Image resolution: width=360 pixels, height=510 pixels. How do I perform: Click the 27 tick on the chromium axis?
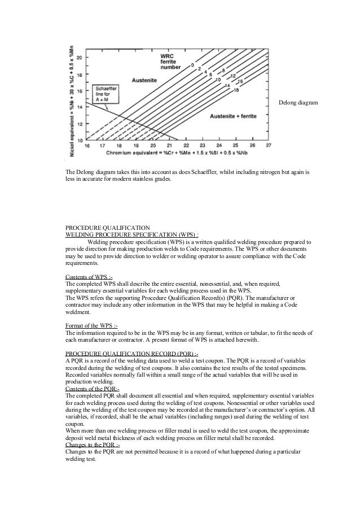tap(268, 146)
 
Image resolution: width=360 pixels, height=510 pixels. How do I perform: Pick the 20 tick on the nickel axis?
tap(79, 58)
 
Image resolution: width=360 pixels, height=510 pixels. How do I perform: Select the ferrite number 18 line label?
tap(235, 90)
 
